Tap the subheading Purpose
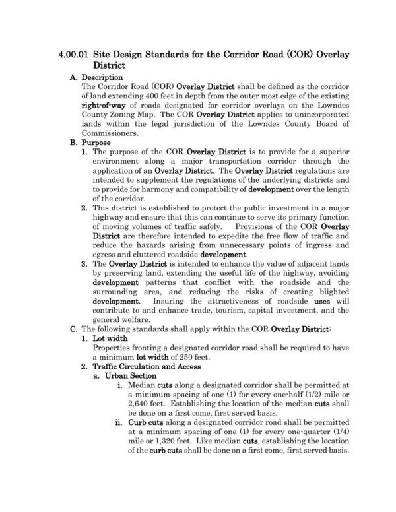point(95,142)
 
